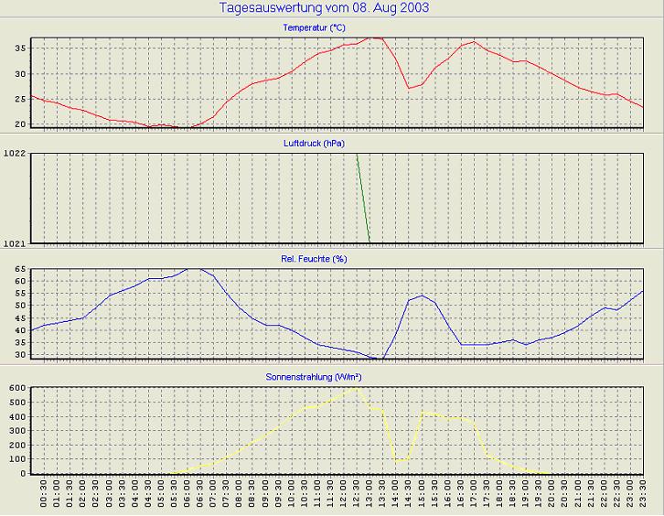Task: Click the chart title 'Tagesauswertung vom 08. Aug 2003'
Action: click(325, 8)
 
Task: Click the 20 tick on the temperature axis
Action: click(20, 124)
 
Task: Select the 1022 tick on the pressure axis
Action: click(15, 153)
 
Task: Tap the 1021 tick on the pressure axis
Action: click(15, 243)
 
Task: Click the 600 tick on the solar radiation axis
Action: click(17, 388)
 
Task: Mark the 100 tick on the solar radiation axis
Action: click(17, 459)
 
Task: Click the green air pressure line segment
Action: click(363, 198)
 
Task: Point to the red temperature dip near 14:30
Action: click(408, 88)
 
